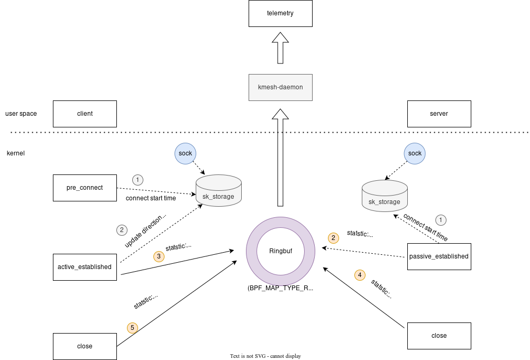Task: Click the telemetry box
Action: [x=280, y=13]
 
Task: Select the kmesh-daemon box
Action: [x=280, y=87]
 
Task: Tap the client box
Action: [x=85, y=114]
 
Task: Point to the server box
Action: [x=439, y=114]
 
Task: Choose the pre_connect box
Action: [x=85, y=188]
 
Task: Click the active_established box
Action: [x=85, y=267]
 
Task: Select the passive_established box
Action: [x=439, y=256]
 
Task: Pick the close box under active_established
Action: [x=85, y=346]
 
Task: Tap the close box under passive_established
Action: [x=439, y=336]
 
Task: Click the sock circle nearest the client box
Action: [x=185, y=153]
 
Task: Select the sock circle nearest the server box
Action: [x=415, y=153]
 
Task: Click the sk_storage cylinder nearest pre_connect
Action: [x=218, y=191]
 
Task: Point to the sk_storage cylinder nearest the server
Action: [x=385, y=196]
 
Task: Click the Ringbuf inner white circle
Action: [x=280, y=251]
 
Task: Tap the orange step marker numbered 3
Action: [x=159, y=256]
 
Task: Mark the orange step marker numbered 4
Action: [x=360, y=275]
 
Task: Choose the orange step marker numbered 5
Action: [x=133, y=328]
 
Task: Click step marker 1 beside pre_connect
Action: [x=138, y=180]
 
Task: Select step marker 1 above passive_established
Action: [x=441, y=219]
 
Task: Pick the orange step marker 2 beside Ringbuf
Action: [x=333, y=238]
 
